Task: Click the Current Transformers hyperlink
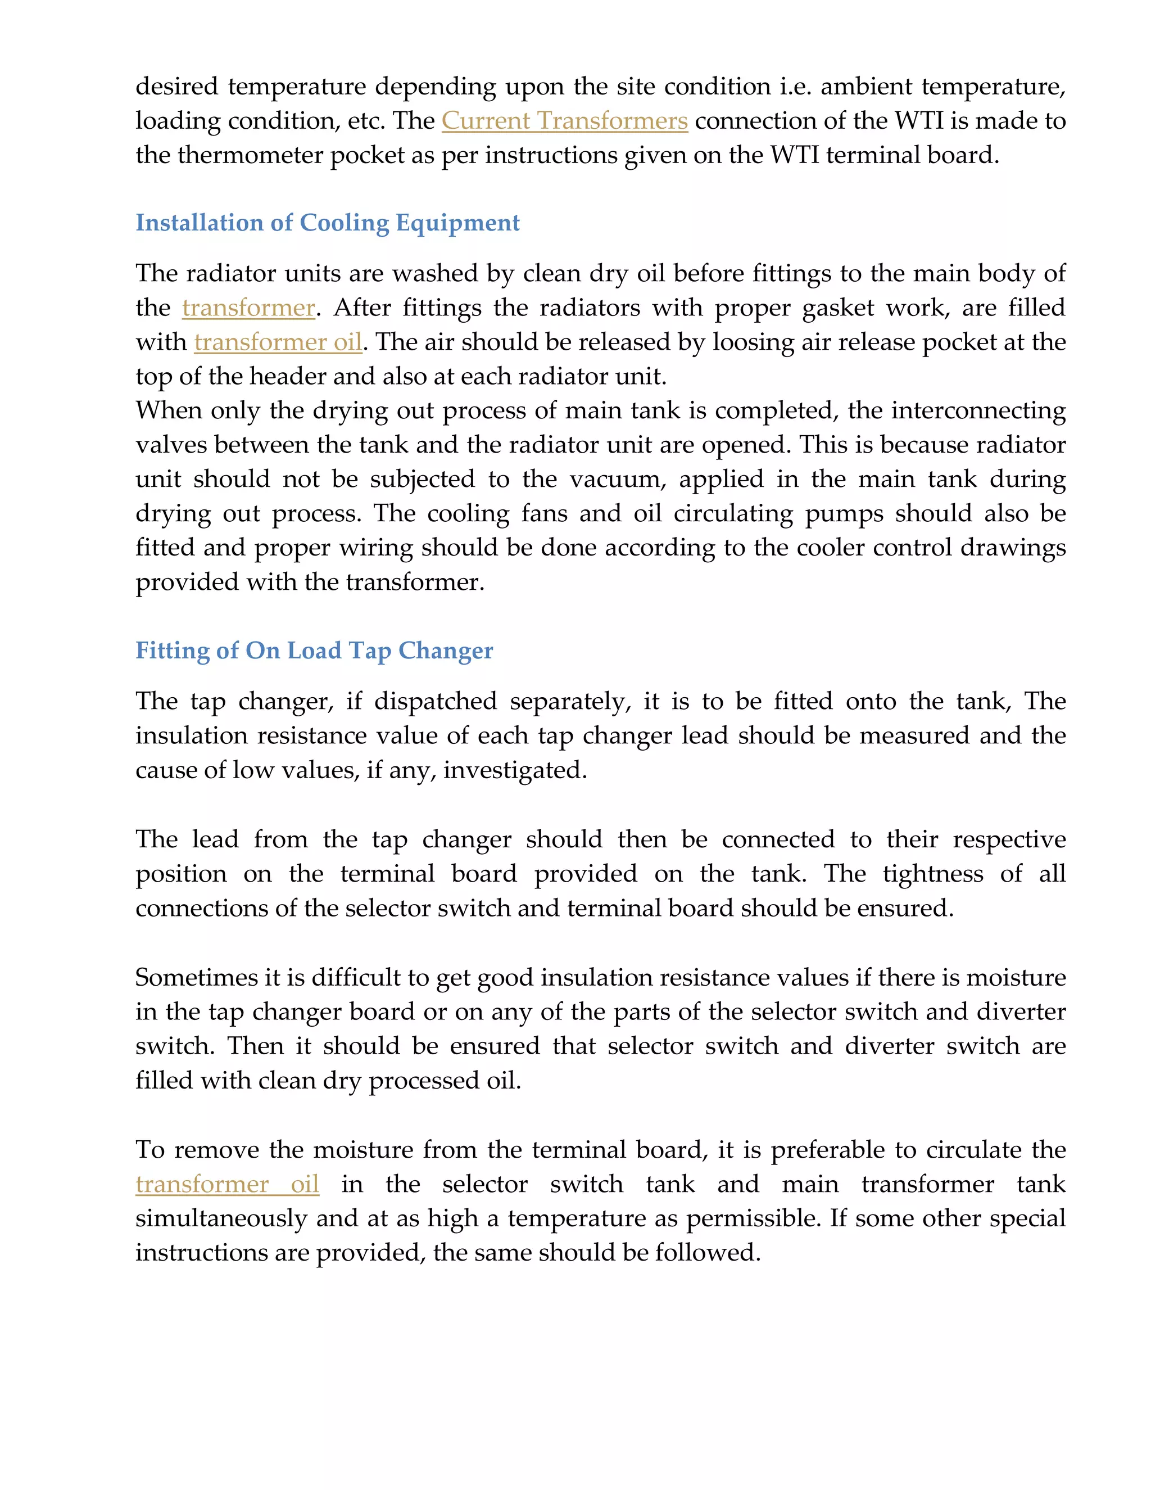(x=565, y=121)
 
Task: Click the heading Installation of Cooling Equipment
(x=327, y=223)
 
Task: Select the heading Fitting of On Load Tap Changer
(x=314, y=651)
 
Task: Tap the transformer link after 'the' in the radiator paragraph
(x=248, y=308)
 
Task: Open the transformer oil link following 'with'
(x=278, y=342)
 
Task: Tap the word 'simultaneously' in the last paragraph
(x=221, y=1218)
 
